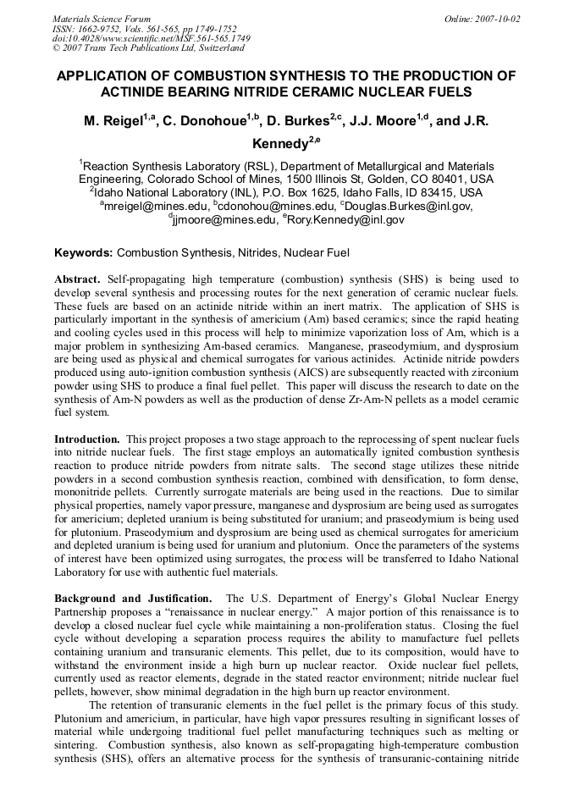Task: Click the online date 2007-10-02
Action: pos(499,18)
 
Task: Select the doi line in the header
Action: pos(151,38)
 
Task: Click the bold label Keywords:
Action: pos(83,252)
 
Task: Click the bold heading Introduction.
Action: pos(87,439)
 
